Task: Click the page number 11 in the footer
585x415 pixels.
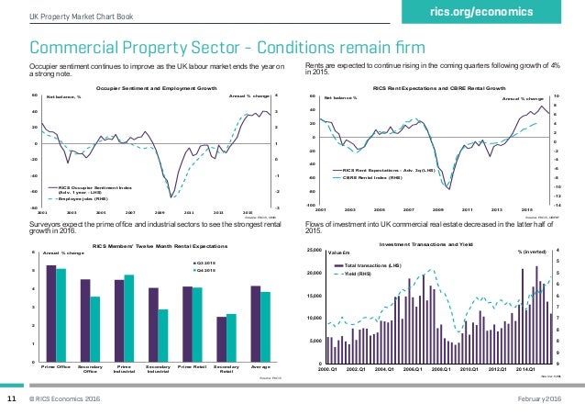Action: tap(13, 400)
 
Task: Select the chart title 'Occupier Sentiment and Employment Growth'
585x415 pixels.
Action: tap(157, 86)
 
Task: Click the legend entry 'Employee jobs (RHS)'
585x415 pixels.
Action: tap(87, 197)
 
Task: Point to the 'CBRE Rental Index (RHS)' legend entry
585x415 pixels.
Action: tap(376, 178)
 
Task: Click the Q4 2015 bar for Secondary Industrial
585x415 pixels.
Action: tap(161, 336)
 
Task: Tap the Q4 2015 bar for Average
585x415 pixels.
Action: tap(265, 327)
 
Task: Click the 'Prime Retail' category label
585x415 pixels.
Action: tap(191, 367)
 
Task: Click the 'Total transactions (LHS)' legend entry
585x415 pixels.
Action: tap(375, 264)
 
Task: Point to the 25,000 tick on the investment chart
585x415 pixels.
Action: tap(312, 251)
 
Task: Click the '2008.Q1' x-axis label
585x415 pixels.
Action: tap(443, 369)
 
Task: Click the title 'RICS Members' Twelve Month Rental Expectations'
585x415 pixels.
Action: tap(160, 246)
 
